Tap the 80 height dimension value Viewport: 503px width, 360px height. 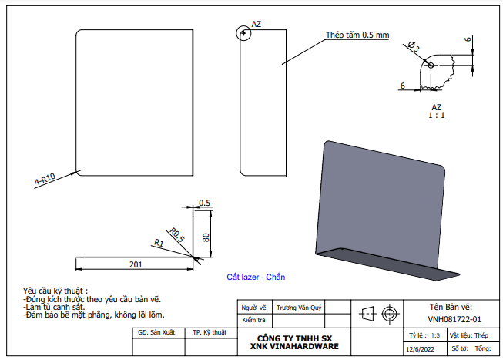tap(206, 237)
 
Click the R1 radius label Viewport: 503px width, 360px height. tap(159, 244)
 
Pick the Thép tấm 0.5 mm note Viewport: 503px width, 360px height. tap(357, 35)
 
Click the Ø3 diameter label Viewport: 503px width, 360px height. tap(413, 48)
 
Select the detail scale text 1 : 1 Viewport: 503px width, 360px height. tap(437, 115)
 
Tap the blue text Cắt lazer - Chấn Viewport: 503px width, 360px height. tap(261, 276)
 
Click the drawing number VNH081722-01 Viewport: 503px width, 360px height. tap(454, 319)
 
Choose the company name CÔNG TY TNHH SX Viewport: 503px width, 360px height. tap(294, 338)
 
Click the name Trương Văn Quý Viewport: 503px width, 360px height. tap(299, 307)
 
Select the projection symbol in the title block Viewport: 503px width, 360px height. tap(378, 314)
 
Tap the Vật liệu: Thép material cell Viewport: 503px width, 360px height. tap(469, 336)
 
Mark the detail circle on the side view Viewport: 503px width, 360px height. tap(244, 33)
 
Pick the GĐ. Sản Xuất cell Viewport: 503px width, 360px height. tap(156, 332)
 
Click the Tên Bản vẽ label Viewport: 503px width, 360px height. tap(455, 306)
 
